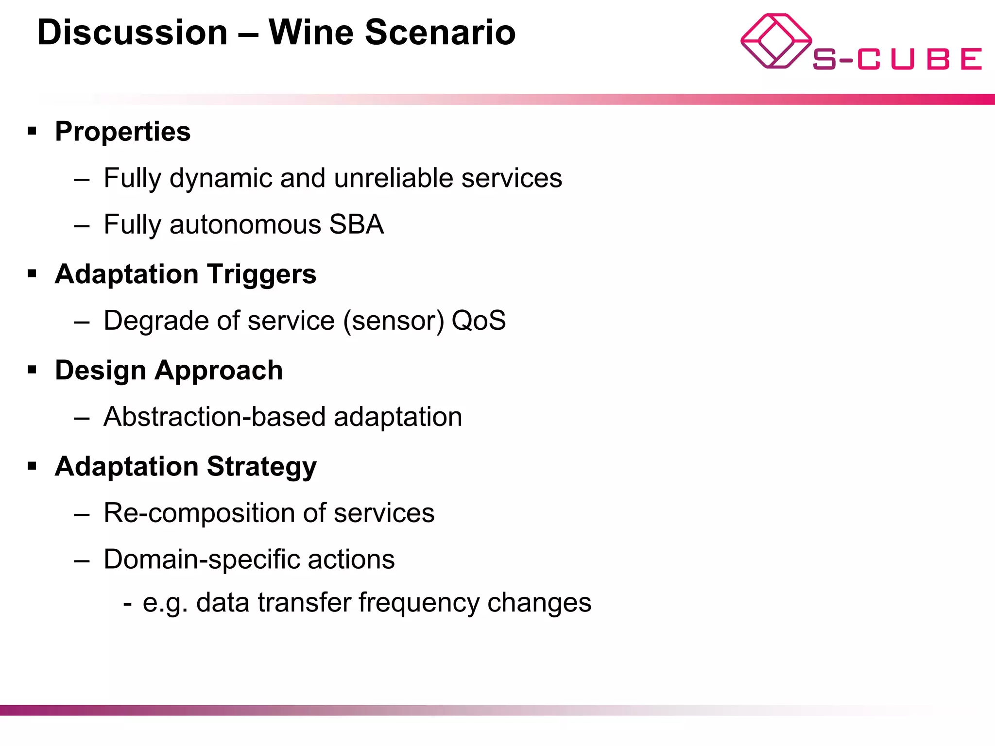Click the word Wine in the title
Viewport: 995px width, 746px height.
[311, 33]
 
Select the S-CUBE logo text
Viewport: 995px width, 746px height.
[897, 59]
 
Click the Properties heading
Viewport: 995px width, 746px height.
[122, 132]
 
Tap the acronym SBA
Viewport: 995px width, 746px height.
[356, 224]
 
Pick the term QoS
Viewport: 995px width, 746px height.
[479, 321]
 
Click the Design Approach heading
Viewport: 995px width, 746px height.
[169, 371]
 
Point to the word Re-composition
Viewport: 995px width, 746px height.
[199, 513]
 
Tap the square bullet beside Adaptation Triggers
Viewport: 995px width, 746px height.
[32, 274]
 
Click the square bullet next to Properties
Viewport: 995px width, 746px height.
[32, 131]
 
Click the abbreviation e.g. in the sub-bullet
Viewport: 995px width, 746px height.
[165, 603]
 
